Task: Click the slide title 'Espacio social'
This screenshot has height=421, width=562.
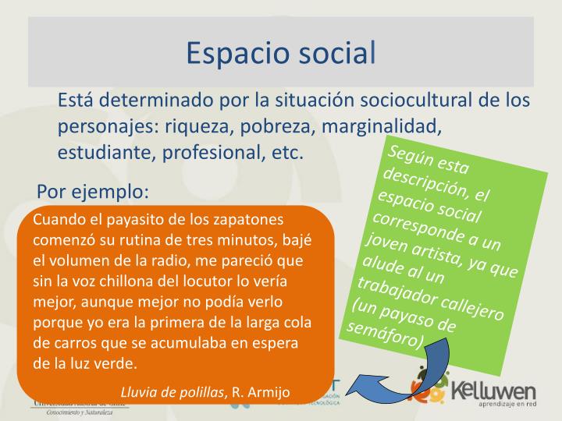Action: point(281,51)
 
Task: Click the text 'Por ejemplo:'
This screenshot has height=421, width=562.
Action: point(92,191)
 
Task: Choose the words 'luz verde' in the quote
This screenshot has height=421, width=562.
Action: point(105,363)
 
